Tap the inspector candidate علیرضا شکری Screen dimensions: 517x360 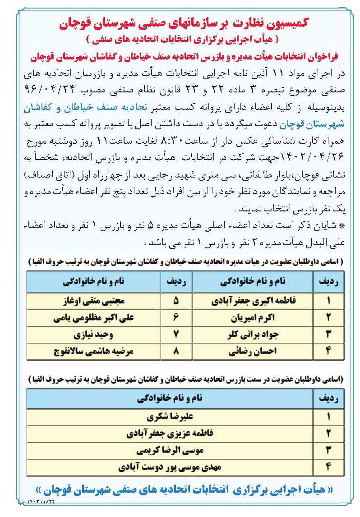pyautogui.click(x=169, y=417)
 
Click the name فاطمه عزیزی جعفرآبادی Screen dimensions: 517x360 pyautogui.click(x=169, y=434)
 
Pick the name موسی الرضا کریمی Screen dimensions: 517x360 pyautogui.click(x=169, y=450)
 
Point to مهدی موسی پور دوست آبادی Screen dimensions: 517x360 pyautogui.click(x=169, y=467)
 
